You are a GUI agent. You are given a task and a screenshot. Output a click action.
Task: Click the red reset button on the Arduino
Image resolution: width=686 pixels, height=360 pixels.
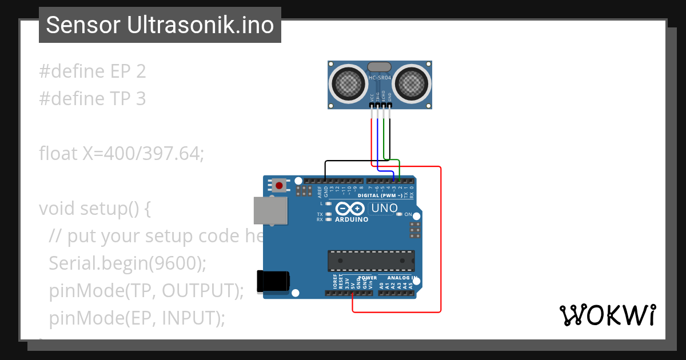pyautogui.click(x=279, y=185)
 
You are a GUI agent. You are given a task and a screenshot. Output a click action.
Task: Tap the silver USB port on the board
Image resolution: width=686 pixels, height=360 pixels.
pyautogui.click(x=270, y=210)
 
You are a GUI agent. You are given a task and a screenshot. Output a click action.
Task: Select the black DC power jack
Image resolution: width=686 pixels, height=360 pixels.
pyautogui.click(x=273, y=281)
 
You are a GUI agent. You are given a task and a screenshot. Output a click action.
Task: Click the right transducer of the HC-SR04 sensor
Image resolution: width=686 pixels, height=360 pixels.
pyautogui.click(x=410, y=84)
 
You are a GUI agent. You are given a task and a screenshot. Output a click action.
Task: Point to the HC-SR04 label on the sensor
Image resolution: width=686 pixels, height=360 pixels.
pyautogui.click(x=380, y=78)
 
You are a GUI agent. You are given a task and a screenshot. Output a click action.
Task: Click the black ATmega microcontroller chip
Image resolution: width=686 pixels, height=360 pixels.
pyautogui.click(x=371, y=261)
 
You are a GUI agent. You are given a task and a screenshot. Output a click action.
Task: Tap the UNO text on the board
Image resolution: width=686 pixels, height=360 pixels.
pyautogui.click(x=384, y=208)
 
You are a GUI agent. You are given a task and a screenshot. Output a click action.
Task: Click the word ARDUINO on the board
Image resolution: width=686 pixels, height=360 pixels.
pyautogui.click(x=352, y=219)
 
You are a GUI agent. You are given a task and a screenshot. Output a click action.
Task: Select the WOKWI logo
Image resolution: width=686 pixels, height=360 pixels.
pyautogui.click(x=607, y=315)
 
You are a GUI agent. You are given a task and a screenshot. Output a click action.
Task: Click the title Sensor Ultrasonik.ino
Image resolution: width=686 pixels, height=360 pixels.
pyautogui.click(x=160, y=25)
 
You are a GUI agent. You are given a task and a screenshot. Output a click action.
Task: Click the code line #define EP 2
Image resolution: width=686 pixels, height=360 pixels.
pyautogui.click(x=93, y=71)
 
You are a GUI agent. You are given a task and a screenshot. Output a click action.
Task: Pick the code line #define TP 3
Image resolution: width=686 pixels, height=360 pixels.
pyautogui.click(x=93, y=99)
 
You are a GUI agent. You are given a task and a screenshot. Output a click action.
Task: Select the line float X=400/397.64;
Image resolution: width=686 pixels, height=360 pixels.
pyautogui.click(x=121, y=154)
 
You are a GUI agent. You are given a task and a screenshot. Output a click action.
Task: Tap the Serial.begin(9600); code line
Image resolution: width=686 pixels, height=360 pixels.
pyautogui.click(x=127, y=263)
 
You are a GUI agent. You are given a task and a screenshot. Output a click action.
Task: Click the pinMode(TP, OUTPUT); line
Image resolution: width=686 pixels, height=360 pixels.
pyautogui.click(x=146, y=290)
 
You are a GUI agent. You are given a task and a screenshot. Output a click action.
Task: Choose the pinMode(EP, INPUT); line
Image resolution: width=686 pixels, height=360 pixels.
pyautogui.click(x=137, y=318)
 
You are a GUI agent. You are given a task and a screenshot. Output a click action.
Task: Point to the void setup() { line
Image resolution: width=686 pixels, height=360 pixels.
pyautogui.click(x=95, y=208)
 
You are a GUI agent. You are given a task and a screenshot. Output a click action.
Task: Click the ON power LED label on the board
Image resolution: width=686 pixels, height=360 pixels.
pyautogui.click(x=408, y=214)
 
